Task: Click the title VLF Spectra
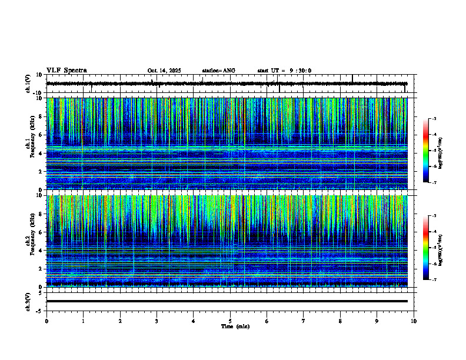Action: (66, 70)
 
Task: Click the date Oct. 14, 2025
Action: (164, 71)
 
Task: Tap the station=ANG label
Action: (218, 71)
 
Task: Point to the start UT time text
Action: (284, 71)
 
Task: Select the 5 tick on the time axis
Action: (230, 321)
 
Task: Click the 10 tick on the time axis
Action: (414, 321)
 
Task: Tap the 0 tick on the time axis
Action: (46, 321)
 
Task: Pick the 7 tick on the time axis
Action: (304, 321)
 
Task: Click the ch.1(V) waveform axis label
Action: (28, 84)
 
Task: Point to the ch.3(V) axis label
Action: (28, 301)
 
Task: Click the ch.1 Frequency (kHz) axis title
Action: (29, 144)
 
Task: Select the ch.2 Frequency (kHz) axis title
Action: (29, 241)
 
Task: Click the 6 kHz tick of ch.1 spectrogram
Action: (41, 135)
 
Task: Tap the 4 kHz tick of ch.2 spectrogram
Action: (41, 250)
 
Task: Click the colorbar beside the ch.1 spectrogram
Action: (427, 151)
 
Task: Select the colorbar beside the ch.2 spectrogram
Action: (427, 248)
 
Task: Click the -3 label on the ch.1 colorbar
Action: (434, 119)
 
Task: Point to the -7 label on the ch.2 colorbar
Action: (434, 279)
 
